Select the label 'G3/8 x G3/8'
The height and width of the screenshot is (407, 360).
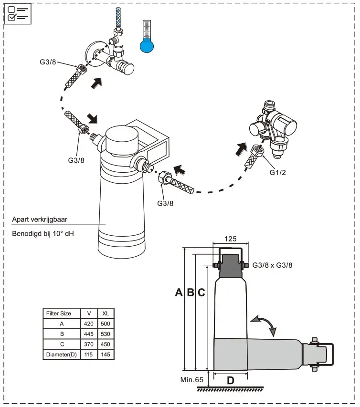[x=272, y=265]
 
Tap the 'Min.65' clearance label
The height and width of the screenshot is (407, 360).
[x=192, y=380]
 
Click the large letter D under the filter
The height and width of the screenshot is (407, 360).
[x=230, y=381]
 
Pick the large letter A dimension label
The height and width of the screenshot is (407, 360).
[x=179, y=292]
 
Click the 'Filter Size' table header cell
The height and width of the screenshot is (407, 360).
[x=59, y=313]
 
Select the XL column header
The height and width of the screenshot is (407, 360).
[x=106, y=313]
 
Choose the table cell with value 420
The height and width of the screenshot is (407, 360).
[x=89, y=324]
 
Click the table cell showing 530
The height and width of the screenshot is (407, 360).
[x=106, y=334]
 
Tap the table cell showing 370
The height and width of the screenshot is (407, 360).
[x=89, y=344]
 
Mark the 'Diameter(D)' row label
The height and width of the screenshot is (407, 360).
[x=61, y=355]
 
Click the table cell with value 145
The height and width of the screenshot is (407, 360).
[x=106, y=355]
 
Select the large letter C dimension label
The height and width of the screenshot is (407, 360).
[x=201, y=292]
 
